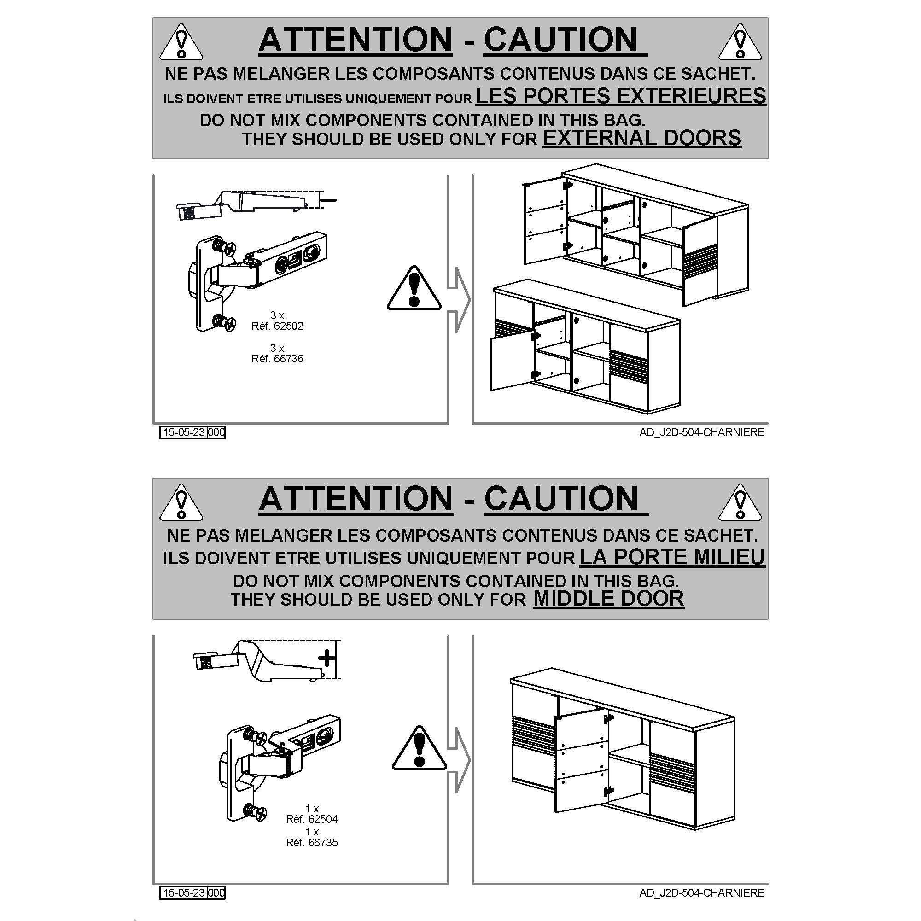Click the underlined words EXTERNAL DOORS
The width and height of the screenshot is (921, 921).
coord(642,138)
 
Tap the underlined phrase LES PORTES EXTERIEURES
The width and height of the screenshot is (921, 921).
coord(621,96)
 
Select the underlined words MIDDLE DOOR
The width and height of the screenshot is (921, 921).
coord(609,599)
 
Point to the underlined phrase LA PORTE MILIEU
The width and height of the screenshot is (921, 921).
coord(672,557)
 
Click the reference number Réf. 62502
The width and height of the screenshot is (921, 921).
coord(277,326)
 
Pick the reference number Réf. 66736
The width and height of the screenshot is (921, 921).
coord(277,358)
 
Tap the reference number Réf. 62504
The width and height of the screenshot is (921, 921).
coord(312,819)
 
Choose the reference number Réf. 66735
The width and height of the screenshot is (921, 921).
coord(312,842)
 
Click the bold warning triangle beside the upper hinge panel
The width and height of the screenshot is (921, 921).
coord(414,288)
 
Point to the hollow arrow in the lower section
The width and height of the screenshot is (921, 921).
coord(459,760)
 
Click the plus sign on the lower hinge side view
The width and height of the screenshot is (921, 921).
coord(326,659)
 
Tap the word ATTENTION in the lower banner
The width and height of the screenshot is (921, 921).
coord(356,499)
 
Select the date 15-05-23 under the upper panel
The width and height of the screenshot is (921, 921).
coord(184,432)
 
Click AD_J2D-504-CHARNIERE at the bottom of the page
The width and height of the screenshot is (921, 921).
coord(702,893)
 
